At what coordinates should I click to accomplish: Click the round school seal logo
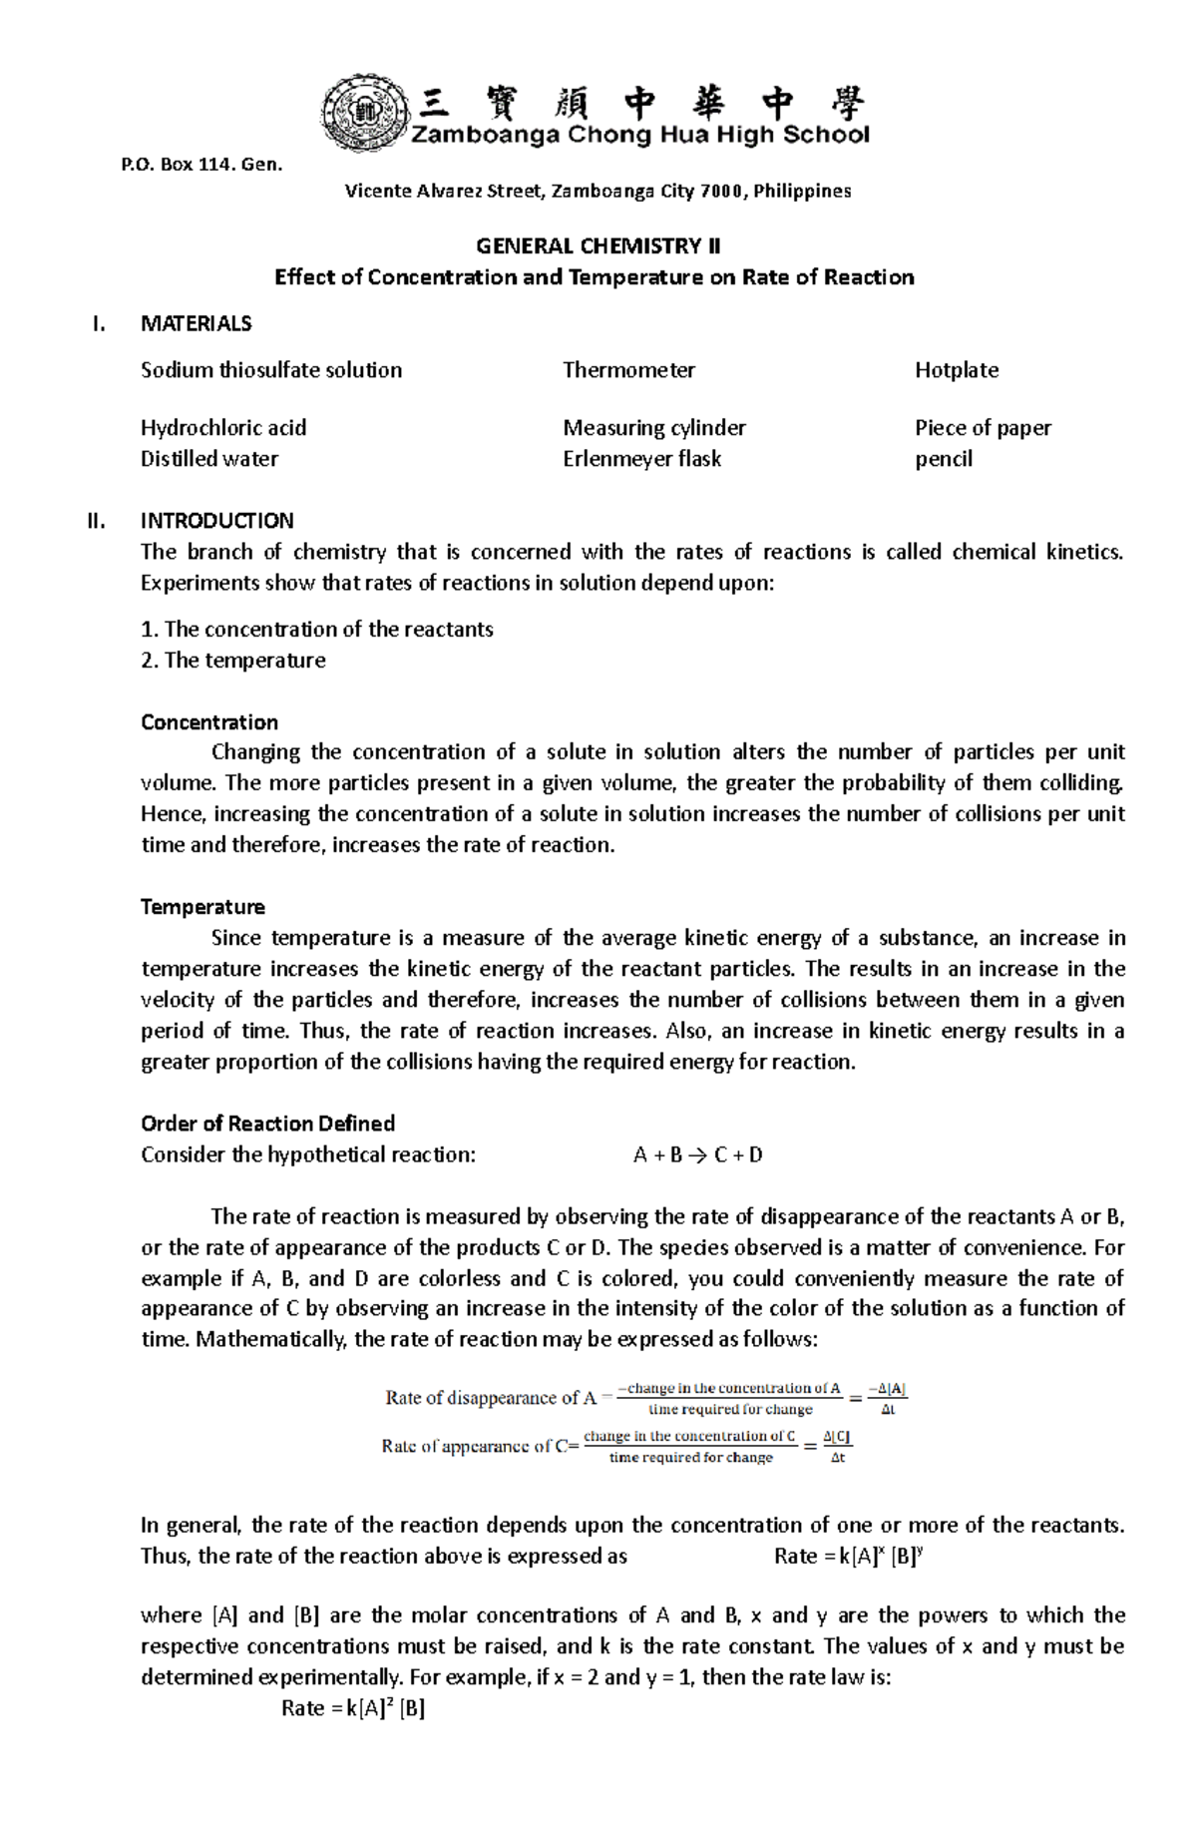(x=364, y=113)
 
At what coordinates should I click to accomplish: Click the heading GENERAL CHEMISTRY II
(x=598, y=245)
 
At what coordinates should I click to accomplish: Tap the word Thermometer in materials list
(x=628, y=370)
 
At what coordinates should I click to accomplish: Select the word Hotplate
(x=956, y=370)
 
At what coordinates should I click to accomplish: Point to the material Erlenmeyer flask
(x=641, y=459)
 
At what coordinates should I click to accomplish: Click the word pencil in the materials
(x=943, y=459)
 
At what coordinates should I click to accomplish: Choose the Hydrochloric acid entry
(x=223, y=428)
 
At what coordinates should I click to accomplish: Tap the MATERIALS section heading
(x=196, y=323)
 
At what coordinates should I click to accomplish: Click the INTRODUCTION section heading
(x=216, y=521)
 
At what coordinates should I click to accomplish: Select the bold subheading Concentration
(x=209, y=722)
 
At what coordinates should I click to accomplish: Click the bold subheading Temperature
(x=202, y=907)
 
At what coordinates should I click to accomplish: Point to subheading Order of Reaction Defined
(x=267, y=1124)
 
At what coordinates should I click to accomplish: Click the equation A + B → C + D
(x=697, y=1155)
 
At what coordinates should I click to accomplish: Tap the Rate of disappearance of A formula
(x=645, y=1398)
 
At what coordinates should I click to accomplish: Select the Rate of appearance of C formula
(x=615, y=1446)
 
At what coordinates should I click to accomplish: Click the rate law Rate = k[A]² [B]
(x=353, y=1708)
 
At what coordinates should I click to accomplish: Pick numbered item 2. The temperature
(x=233, y=661)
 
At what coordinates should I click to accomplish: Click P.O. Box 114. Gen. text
(x=201, y=165)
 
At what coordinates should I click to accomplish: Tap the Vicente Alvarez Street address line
(x=598, y=191)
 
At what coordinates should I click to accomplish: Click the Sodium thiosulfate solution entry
(x=271, y=370)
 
